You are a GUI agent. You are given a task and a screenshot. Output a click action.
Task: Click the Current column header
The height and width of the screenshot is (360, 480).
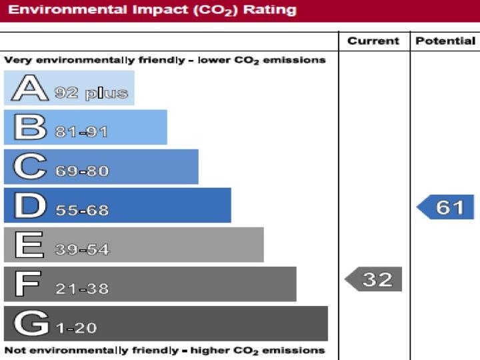click(374, 41)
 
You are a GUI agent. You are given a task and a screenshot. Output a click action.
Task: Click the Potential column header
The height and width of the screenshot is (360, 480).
click(445, 41)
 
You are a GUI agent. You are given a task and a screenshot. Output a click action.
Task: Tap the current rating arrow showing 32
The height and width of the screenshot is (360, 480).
click(374, 279)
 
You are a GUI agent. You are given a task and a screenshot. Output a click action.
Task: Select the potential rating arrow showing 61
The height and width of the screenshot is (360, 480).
click(446, 207)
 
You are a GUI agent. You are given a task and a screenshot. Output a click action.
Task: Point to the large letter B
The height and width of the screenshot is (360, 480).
click(29, 127)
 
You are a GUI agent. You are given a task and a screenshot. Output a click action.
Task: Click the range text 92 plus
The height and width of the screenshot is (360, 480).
click(91, 93)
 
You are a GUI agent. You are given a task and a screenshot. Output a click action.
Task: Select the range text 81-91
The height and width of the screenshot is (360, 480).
click(81, 132)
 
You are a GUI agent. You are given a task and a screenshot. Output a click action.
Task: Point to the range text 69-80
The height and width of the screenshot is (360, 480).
click(81, 171)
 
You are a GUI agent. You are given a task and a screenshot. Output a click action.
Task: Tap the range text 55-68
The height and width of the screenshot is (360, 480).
click(81, 211)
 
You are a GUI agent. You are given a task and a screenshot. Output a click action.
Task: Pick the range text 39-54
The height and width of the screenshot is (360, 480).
click(81, 250)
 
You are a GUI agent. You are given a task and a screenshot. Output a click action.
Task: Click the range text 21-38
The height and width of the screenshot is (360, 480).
click(81, 289)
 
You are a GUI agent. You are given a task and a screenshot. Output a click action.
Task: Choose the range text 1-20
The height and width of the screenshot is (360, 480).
click(75, 328)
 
